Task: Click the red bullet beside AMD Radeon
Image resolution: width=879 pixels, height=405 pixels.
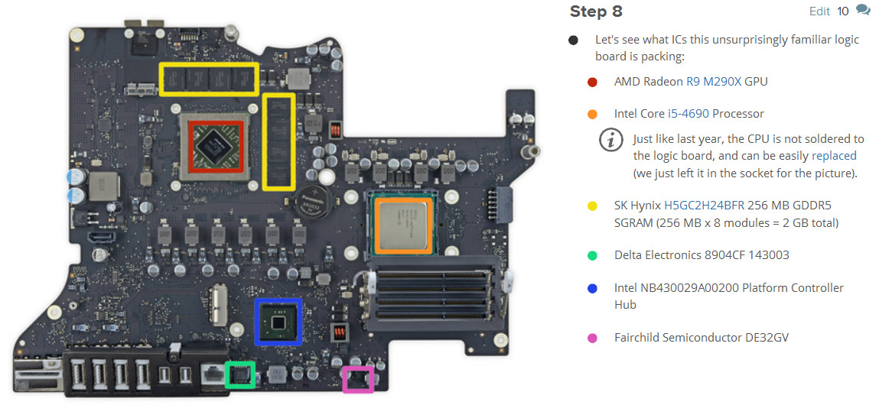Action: [x=592, y=82]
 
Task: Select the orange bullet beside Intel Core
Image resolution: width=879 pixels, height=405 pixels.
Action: [x=592, y=114]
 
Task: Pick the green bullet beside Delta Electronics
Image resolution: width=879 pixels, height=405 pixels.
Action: [x=592, y=255]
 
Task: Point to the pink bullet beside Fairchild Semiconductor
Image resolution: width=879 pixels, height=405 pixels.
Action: [x=592, y=337]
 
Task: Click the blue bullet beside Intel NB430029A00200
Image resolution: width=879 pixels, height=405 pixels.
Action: [x=592, y=288]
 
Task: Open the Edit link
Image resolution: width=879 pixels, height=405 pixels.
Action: [x=819, y=11]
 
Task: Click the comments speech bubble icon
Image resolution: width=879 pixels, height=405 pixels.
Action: [x=863, y=11]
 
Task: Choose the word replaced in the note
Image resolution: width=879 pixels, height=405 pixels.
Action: [x=834, y=156]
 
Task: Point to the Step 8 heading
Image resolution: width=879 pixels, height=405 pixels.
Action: [x=596, y=11]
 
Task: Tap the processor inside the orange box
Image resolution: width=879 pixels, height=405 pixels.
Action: [x=404, y=222]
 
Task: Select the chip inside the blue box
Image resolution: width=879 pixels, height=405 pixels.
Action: [x=278, y=322]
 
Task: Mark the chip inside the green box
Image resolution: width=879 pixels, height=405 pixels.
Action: [x=240, y=374]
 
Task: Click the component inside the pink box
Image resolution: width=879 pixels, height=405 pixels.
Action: [x=357, y=378]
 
